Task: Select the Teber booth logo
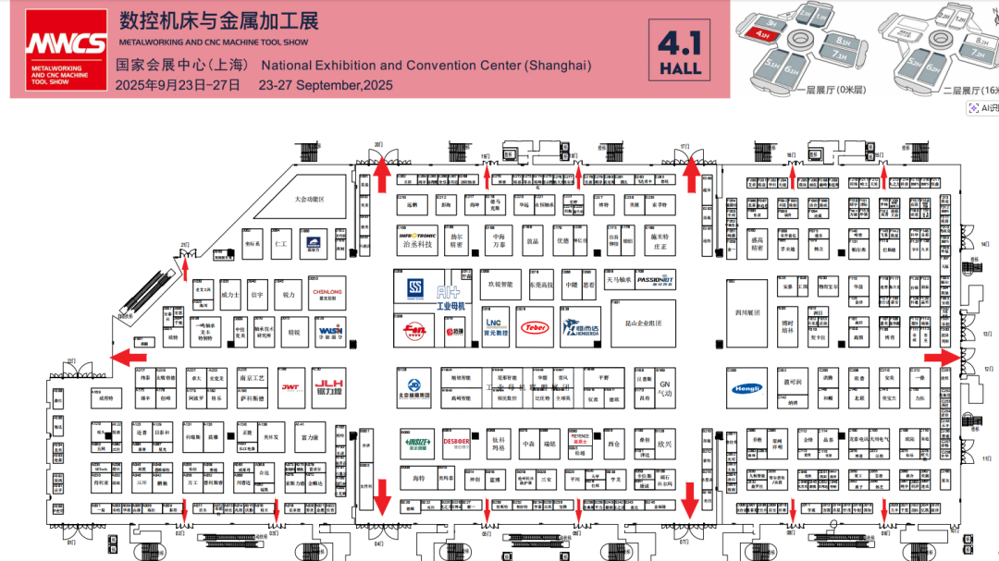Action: [535, 327]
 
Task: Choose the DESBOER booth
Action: [457, 442]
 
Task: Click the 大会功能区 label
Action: [310, 199]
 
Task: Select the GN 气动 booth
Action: [664, 387]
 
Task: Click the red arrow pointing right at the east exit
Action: [941, 357]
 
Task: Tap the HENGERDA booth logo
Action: [584, 327]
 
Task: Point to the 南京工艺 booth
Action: [252, 378]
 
